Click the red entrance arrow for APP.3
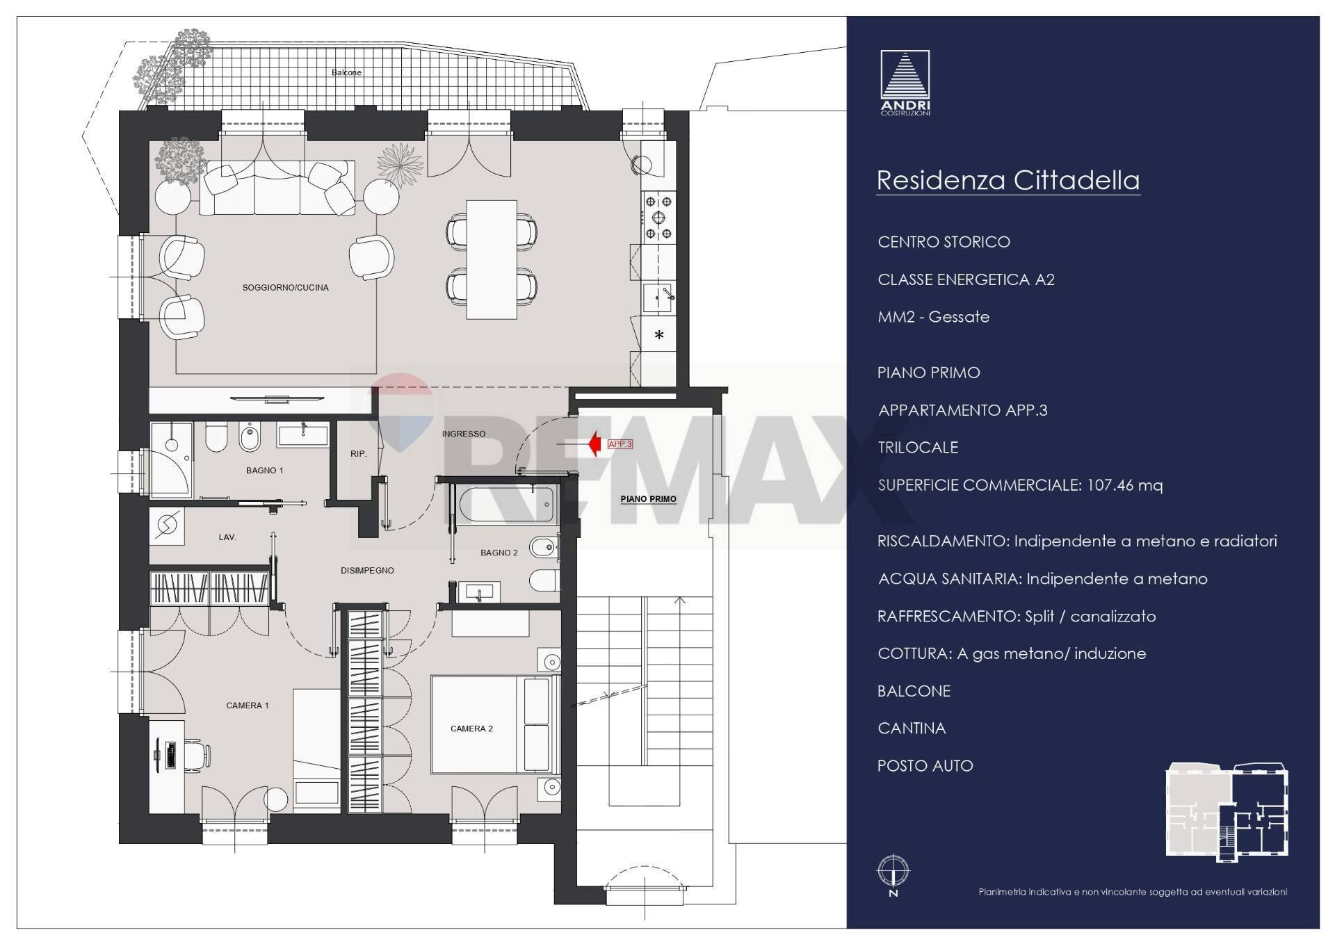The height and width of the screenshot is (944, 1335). click(x=594, y=443)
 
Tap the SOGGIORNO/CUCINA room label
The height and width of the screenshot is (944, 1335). click(x=285, y=287)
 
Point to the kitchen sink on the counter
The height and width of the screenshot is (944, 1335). click(x=658, y=298)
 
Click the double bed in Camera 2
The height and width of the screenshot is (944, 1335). click(x=494, y=724)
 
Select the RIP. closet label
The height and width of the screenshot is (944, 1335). click(x=358, y=454)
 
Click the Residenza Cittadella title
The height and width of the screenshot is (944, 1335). click(x=1008, y=180)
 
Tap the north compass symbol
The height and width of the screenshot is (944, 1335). click(x=893, y=872)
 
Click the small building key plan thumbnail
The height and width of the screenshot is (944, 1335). click(x=1227, y=812)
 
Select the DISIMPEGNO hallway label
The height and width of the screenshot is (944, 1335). click(x=367, y=571)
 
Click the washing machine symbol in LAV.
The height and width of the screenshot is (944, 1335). click(x=168, y=526)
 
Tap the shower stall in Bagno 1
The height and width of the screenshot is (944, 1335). click(x=171, y=459)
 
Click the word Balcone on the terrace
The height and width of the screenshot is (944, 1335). click(x=346, y=72)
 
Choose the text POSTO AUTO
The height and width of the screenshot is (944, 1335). click(x=925, y=766)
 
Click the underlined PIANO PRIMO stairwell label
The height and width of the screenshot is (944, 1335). click(x=648, y=499)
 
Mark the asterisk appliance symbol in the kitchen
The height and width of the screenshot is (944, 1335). click(x=659, y=335)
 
